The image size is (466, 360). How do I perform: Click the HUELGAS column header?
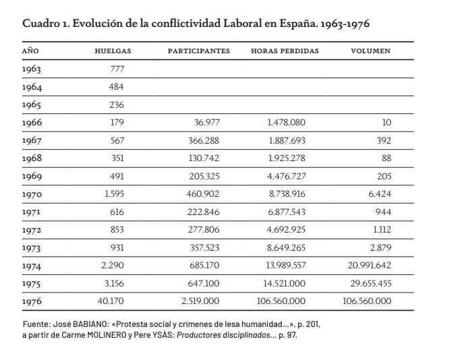[x=113, y=51]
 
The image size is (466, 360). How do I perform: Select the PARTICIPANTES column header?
[x=199, y=51]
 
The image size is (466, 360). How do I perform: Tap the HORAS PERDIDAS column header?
[x=285, y=51]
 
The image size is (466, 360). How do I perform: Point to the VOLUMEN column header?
[x=371, y=51]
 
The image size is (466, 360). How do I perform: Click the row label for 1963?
[x=32, y=69]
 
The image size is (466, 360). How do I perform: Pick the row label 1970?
[x=32, y=195]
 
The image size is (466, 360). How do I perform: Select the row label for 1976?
[x=32, y=301]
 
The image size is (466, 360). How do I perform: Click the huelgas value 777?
[x=117, y=69]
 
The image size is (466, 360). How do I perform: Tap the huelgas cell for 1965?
[x=117, y=104]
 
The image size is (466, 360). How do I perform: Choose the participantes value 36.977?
[x=207, y=123]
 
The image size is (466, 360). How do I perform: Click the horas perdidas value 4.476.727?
[x=287, y=176]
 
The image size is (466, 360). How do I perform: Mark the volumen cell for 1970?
[x=380, y=194]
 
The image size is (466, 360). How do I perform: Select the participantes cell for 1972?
[x=204, y=230]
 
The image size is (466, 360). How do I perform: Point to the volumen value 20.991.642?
[x=370, y=265]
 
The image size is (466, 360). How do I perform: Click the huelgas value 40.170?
[x=111, y=301]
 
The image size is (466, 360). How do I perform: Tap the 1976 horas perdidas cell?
[x=281, y=301]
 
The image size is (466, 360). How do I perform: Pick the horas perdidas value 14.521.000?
[x=285, y=283]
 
